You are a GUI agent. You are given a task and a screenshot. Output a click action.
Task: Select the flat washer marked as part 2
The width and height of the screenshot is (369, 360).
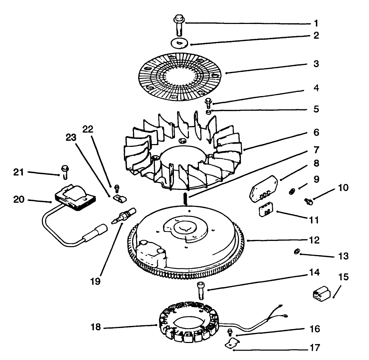tap(179, 43)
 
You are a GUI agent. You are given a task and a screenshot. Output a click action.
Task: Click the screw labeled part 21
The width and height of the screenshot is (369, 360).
tap(64, 170)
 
